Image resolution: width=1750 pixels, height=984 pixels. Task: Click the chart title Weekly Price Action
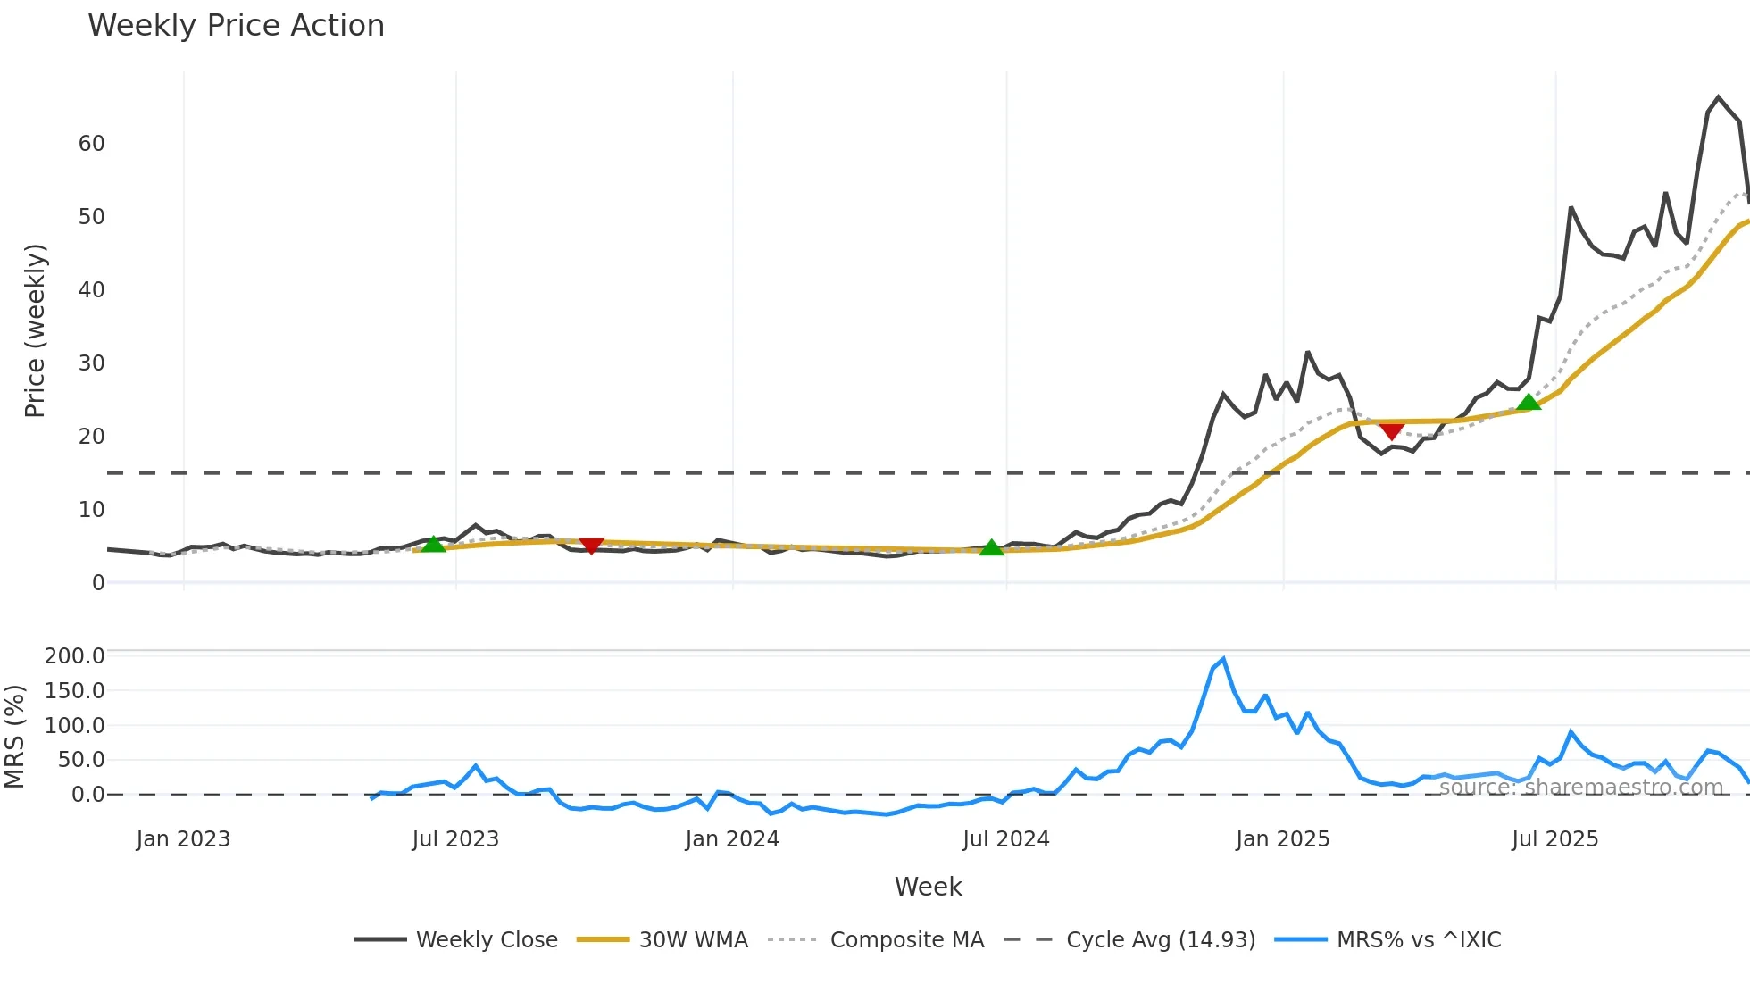236,26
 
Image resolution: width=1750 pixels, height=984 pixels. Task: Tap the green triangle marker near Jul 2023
433,544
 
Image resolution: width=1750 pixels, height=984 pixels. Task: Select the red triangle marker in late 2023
591,546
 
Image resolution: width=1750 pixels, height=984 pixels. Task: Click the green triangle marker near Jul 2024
991,547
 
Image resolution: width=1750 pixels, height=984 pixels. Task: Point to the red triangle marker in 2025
1391,431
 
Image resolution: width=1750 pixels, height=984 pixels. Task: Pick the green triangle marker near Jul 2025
1529,403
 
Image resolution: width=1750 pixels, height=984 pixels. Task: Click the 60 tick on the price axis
92,144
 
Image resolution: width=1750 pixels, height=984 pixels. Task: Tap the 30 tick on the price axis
92,363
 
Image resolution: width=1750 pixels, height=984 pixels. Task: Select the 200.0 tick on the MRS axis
75,656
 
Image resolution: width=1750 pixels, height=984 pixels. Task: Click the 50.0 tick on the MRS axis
75,760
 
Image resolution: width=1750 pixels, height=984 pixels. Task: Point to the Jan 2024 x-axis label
732,839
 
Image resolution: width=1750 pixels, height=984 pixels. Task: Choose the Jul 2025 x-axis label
1554,839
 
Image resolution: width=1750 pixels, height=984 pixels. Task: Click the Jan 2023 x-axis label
183,839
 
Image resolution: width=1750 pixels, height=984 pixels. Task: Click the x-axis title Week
928,887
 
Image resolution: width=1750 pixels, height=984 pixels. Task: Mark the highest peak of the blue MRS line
1223,660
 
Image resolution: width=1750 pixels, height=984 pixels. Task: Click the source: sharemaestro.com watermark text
1580,788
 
